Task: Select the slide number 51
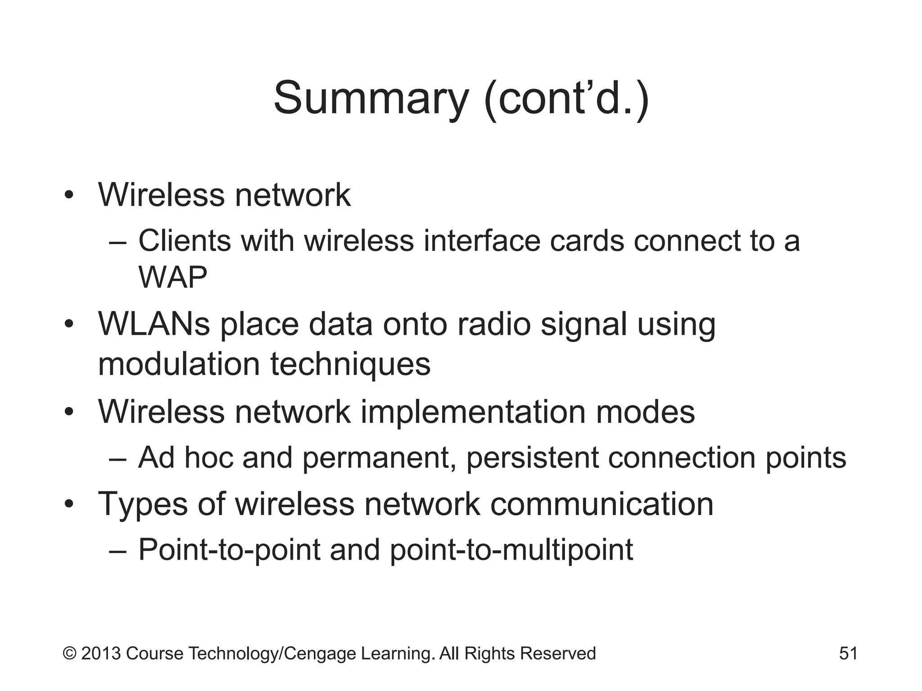tap(848, 653)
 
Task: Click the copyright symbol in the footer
tap(69, 654)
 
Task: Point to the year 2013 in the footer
tap(101, 654)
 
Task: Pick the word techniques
tap(350, 364)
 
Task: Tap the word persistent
tap(532, 458)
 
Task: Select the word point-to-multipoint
tap(511, 550)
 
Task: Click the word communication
tap(601, 504)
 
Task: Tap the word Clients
tap(185, 241)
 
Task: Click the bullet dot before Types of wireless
tap(68, 504)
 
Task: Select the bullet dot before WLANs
tap(68, 324)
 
